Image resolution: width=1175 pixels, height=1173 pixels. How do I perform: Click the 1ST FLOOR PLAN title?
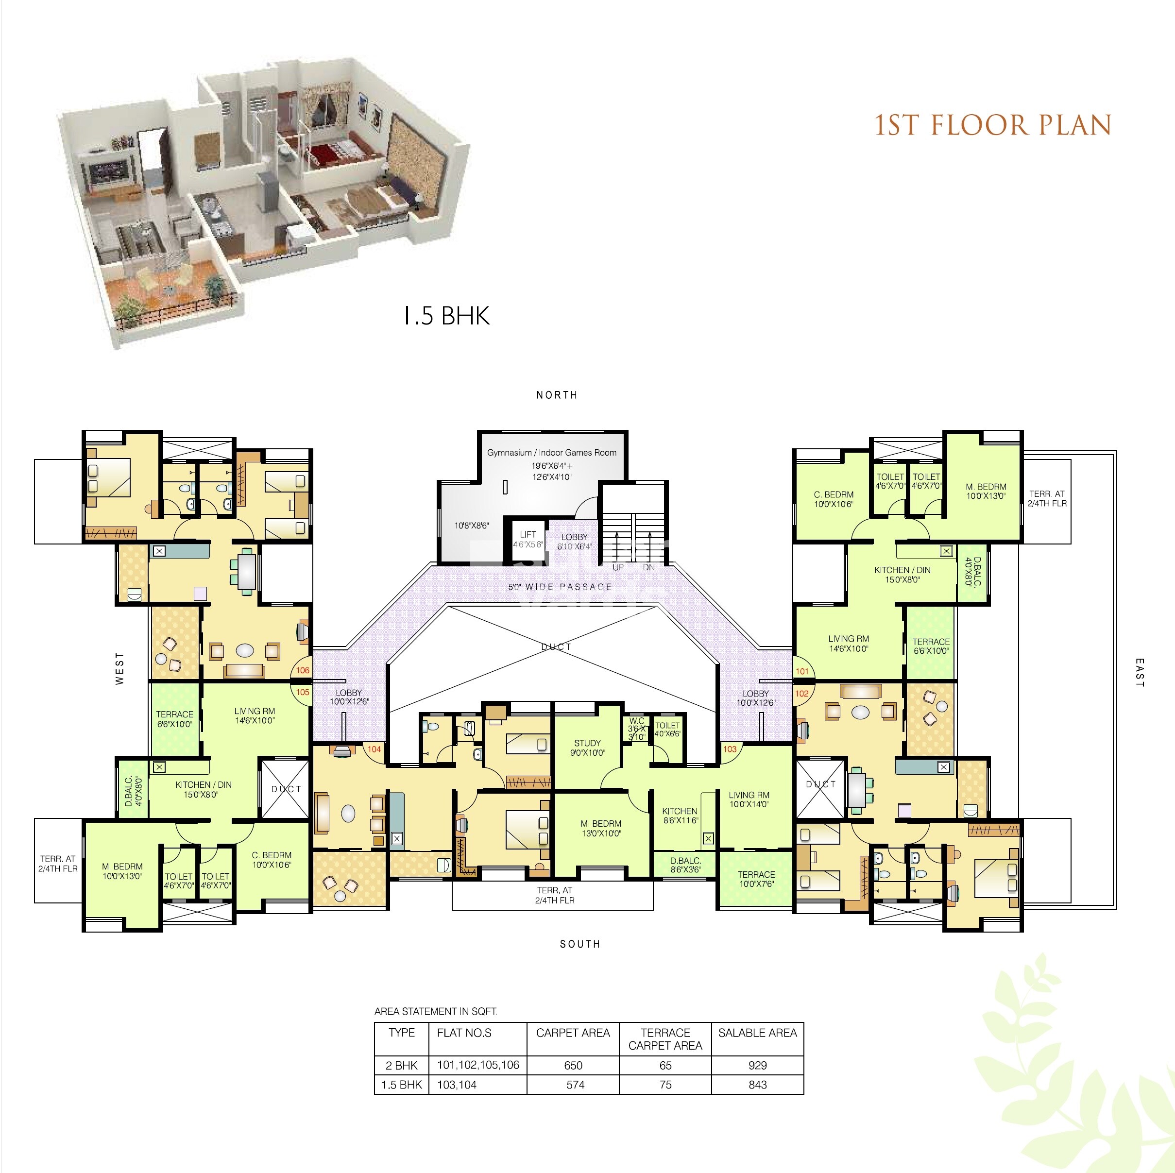(992, 125)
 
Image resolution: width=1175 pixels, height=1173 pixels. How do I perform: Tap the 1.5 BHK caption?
(447, 316)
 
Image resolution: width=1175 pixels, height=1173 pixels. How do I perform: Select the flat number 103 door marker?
(729, 749)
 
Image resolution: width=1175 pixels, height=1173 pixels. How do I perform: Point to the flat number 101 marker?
(802, 671)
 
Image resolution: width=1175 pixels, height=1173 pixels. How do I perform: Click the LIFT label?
(528, 534)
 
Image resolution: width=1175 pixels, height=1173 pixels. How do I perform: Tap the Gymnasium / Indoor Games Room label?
(552, 452)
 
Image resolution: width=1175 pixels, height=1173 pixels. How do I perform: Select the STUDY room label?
(588, 743)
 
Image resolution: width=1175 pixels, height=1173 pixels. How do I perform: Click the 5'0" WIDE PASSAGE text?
(560, 587)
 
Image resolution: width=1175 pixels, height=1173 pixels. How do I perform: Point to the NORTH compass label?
(557, 395)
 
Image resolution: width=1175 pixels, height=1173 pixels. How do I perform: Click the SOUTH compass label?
(579, 944)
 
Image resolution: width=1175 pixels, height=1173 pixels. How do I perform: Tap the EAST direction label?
(1139, 673)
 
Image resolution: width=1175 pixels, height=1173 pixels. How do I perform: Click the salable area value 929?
(758, 1065)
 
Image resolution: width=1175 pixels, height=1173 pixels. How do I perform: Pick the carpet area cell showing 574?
(575, 1085)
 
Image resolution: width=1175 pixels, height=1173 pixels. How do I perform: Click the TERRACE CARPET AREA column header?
(665, 1039)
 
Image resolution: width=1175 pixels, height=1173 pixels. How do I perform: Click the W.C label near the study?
(637, 721)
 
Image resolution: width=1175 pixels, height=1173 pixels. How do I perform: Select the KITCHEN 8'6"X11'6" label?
(680, 816)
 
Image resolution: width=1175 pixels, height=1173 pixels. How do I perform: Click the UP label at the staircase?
(618, 567)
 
